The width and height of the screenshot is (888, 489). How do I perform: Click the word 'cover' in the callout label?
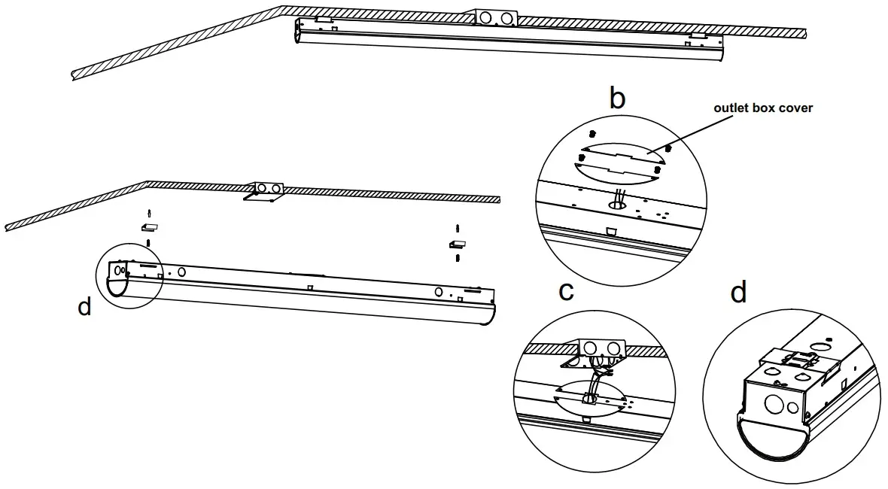tap(794, 108)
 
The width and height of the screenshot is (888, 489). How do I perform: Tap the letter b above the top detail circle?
tap(617, 99)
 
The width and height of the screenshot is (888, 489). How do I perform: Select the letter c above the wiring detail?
tap(567, 291)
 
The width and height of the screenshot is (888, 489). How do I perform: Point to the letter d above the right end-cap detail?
tap(738, 292)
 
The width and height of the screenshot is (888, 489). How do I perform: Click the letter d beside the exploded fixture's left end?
tap(84, 306)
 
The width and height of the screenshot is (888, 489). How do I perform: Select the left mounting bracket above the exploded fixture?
tap(149, 226)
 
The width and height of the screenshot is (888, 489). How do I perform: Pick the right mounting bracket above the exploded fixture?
tap(458, 244)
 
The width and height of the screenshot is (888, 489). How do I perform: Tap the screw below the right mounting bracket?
tap(458, 257)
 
